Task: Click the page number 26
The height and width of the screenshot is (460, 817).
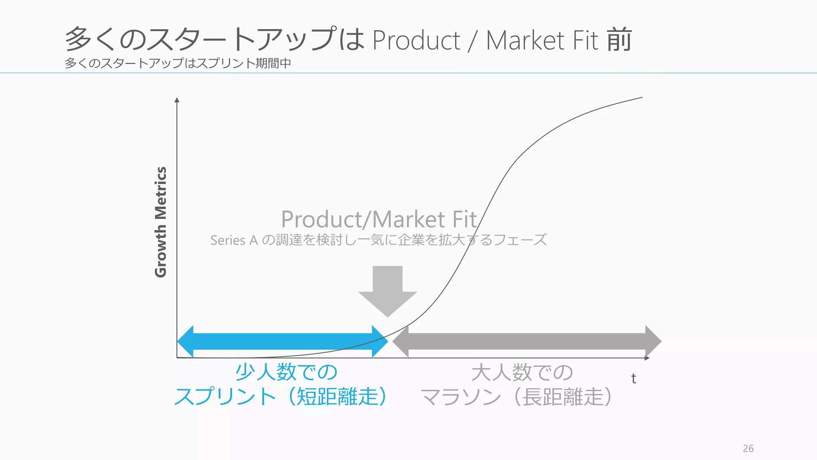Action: (748, 448)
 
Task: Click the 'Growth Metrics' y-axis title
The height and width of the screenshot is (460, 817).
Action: (160, 222)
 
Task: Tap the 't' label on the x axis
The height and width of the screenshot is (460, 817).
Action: (633, 379)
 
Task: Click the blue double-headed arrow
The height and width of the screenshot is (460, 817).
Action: (282, 341)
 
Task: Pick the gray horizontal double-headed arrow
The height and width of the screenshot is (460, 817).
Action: (527, 341)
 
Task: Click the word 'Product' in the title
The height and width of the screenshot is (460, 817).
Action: (416, 40)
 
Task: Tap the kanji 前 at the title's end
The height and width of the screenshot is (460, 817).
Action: (620, 40)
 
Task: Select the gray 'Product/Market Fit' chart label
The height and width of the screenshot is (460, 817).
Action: (379, 219)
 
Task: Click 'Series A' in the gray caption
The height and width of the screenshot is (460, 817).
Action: (234, 240)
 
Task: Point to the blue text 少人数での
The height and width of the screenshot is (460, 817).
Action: (286, 372)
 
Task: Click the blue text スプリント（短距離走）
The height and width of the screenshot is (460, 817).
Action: (280, 397)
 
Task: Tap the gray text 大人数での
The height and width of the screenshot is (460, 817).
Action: (522, 372)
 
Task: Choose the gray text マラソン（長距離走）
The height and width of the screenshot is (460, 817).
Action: (516, 397)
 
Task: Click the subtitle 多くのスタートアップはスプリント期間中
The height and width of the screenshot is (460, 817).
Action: (178, 63)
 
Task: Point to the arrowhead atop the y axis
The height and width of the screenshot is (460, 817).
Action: (177, 100)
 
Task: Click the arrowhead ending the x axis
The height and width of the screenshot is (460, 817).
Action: (647, 358)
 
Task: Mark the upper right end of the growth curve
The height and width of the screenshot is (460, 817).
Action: (641, 97)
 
